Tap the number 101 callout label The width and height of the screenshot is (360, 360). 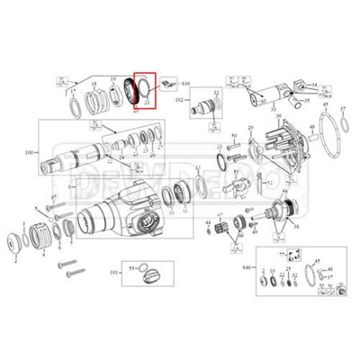[112, 270]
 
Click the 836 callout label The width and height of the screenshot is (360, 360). [187, 82]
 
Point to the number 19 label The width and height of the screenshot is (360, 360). [114, 81]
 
